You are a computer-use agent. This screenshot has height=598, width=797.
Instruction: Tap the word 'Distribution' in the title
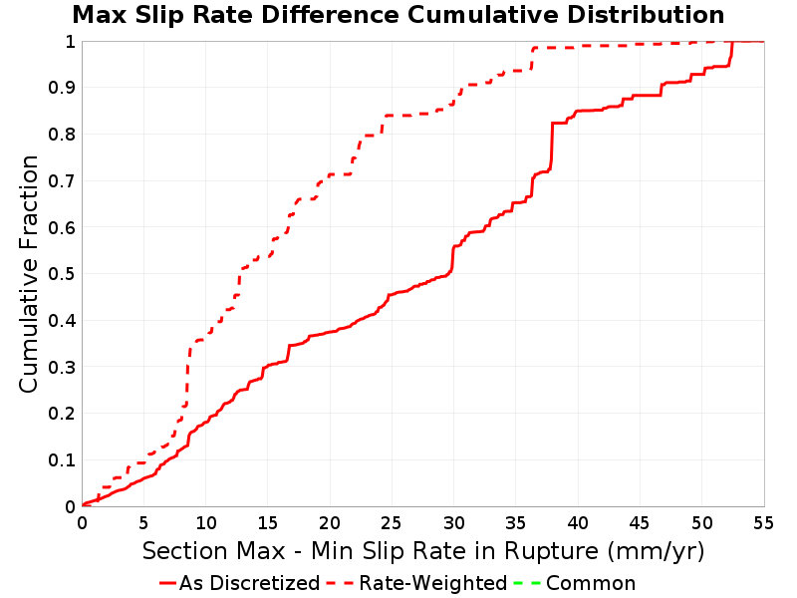pos(646,15)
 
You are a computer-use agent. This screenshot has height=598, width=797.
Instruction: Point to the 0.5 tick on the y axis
pos(62,274)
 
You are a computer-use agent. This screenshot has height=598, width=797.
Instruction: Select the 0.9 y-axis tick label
pos(62,88)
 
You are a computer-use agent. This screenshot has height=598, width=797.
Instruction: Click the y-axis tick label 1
pos(70,42)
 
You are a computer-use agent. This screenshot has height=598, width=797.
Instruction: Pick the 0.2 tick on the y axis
pos(62,414)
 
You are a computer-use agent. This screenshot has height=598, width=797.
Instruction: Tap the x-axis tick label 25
pos(392,522)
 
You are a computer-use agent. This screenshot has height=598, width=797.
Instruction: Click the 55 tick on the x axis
pos(763,522)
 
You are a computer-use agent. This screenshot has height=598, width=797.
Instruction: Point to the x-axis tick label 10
pos(206,522)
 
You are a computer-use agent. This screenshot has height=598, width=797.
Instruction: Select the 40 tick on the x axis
pos(578,522)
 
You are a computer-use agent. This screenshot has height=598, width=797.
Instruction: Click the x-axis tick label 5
pos(143,522)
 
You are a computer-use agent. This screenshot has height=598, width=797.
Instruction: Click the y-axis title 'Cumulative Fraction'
pos(29,274)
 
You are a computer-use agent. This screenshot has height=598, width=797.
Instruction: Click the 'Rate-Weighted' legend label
pos(433,583)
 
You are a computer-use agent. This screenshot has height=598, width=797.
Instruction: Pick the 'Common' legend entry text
pos(591,583)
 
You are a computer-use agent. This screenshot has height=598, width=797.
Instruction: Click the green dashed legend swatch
pos(527,583)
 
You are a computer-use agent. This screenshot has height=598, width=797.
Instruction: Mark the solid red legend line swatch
pos(167,583)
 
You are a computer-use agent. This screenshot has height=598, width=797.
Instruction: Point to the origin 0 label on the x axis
pos(83,522)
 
